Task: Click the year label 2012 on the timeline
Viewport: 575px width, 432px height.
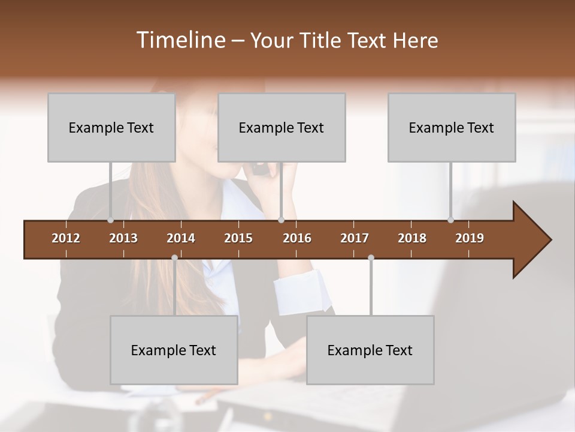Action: (x=66, y=238)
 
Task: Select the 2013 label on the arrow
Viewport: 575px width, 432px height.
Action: (x=123, y=238)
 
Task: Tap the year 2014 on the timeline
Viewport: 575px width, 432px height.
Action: (x=181, y=238)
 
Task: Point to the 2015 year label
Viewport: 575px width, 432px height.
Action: (x=238, y=238)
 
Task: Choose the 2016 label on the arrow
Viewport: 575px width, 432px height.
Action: (x=297, y=238)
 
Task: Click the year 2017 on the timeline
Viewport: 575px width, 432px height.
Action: (x=355, y=238)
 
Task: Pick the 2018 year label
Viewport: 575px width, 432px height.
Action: (x=412, y=238)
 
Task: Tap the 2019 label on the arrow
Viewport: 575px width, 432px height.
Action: (x=470, y=238)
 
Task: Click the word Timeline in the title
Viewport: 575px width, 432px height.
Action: (x=180, y=40)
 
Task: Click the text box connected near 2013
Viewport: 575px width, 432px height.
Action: (x=111, y=127)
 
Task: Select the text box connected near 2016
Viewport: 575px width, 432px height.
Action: (x=282, y=127)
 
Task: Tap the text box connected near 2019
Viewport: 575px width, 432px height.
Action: (x=452, y=127)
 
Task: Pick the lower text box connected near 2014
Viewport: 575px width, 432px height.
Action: (x=174, y=350)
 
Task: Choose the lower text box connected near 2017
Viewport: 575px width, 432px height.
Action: (x=370, y=350)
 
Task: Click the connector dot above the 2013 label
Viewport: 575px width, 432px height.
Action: (x=110, y=220)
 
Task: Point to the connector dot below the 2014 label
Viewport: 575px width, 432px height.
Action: (x=174, y=258)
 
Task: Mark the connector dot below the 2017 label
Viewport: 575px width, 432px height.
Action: (x=371, y=258)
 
